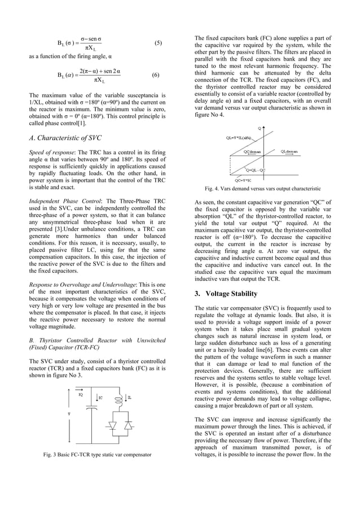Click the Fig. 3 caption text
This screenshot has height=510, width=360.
[96, 454]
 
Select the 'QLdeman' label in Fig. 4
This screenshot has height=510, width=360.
[290, 151]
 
